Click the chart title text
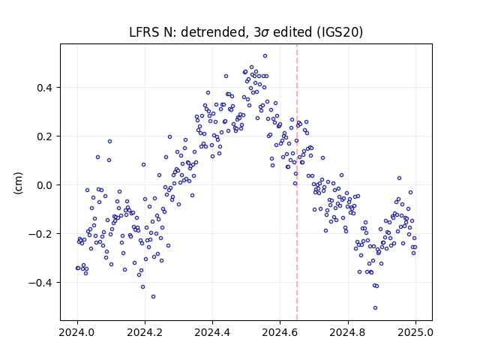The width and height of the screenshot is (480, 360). click(246, 32)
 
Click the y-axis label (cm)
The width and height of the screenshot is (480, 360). click(18, 183)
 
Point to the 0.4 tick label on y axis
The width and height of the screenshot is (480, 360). click(44, 88)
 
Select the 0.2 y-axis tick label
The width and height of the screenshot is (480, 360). click(44, 136)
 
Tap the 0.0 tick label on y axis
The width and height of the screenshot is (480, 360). click(44, 185)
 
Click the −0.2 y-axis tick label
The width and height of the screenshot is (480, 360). click(40, 234)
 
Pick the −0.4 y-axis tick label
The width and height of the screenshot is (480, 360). click(40, 283)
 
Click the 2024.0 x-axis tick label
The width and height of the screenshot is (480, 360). click(77, 332)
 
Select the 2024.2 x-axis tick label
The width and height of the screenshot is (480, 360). click(145, 332)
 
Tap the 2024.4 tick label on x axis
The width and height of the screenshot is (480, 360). click(212, 332)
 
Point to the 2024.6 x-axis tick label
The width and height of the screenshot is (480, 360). click(280, 332)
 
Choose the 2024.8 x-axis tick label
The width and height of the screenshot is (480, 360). click(348, 332)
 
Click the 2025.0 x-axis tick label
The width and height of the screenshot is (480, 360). click(415, 332)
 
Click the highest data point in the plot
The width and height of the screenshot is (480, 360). click(265, 56)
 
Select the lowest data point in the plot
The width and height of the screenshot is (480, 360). click(375, 308)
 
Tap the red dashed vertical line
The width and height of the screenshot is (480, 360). click(297, 182)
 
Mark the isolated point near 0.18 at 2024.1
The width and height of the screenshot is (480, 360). click(110, 142)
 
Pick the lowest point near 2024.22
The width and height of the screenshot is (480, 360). click(153, 297)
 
